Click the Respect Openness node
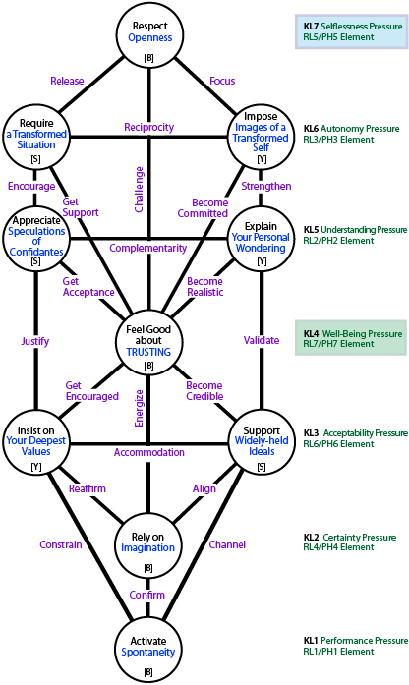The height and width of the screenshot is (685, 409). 149,35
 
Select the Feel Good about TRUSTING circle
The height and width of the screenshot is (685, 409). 148,340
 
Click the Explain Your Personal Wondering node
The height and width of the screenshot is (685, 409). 261,239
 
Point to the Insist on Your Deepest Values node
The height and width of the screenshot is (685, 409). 35,443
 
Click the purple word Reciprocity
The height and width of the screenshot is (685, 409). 149,127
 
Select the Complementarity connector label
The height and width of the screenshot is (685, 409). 148,248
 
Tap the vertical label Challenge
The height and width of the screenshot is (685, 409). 139,189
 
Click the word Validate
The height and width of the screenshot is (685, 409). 262,340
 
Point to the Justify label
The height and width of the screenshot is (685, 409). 35,341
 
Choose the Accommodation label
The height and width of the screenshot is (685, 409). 149,452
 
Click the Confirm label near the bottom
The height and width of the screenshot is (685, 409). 147,595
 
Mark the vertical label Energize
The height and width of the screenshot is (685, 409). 139,408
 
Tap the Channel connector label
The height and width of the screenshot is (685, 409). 227,544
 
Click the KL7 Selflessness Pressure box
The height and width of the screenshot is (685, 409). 352,31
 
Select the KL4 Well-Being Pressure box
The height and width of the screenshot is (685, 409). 351,338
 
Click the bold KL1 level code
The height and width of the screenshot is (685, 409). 311,641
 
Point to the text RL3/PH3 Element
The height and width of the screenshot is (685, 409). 338,140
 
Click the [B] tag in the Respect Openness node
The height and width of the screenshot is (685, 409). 149,58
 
